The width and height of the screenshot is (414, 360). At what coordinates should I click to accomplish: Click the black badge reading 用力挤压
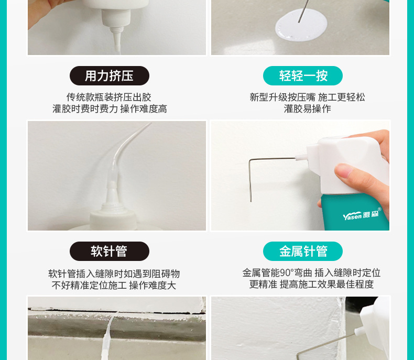pos(110,76)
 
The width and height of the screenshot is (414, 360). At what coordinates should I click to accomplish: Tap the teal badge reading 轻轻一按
pos(303,76)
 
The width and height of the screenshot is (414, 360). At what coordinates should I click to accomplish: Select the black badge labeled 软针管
pos(110,251)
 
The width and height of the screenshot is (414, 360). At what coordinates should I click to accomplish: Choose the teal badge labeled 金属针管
pos(303,251)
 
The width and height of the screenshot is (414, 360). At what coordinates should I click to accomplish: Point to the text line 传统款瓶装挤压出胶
pos(109,97)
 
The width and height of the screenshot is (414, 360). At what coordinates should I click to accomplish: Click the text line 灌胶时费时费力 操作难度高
pos(110,109)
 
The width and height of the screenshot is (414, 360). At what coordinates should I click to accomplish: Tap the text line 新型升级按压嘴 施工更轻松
pos(307,97)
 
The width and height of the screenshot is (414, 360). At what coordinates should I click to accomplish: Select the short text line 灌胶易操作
pos(307,109)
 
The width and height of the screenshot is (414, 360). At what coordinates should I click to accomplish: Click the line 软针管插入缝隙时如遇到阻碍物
pos(114,274)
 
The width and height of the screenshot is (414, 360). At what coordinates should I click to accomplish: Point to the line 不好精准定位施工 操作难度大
pos(114,285)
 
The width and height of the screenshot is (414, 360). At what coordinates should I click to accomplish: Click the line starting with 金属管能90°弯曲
pos(311,272)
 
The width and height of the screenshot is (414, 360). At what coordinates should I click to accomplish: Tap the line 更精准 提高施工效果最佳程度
pos(311,284)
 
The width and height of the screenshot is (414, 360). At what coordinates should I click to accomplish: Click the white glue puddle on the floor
pos(301,25)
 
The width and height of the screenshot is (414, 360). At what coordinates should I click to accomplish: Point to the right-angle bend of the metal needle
pos(250,160)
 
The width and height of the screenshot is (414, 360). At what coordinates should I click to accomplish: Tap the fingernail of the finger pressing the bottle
pos(343,170)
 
